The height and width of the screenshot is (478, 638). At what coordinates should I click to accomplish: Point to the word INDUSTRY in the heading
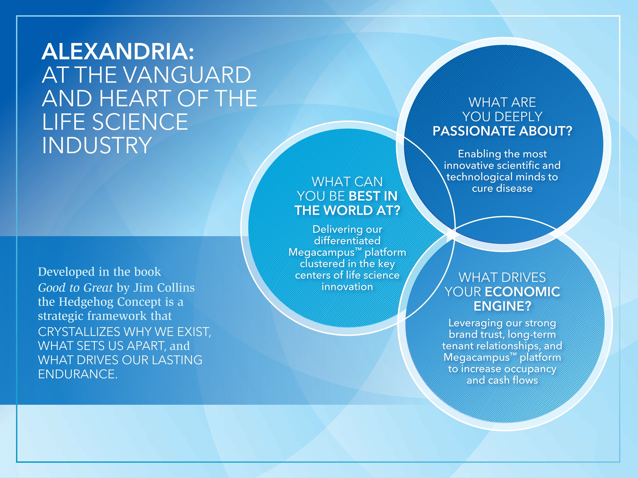(x=97, y=145)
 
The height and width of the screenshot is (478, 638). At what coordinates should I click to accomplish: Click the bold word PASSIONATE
(x=474, y=131)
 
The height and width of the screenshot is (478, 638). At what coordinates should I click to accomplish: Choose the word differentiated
(x=347, y=240)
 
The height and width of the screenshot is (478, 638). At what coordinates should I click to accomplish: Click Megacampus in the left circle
(x=322, y=252)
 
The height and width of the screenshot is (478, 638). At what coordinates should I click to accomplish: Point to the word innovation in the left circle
(x=347, y=287)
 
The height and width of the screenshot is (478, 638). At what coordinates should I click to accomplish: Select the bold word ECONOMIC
(x=522, y=292)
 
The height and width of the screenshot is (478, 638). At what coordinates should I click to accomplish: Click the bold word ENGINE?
(x=502, y=306)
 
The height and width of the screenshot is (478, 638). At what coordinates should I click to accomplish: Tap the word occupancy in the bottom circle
(x=530, y=369)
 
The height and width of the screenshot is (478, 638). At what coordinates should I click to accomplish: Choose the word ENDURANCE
(x=78, y=374)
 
